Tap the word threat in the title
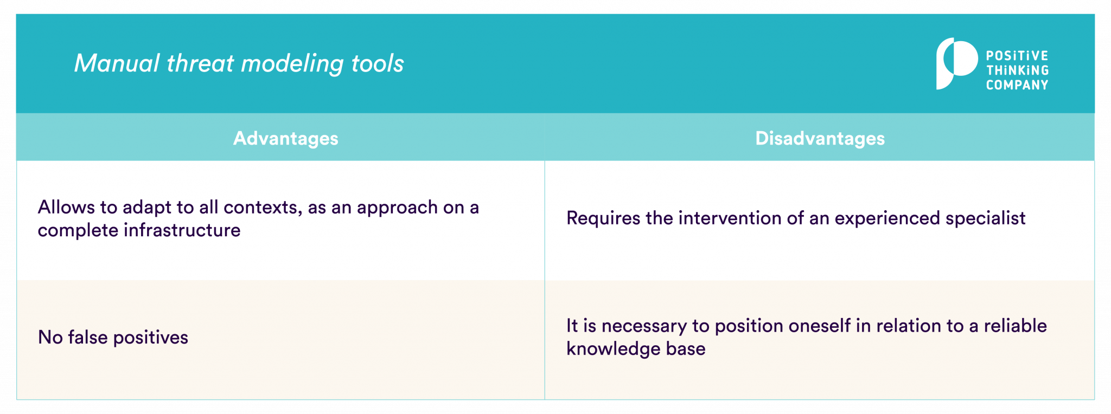click(200, 63)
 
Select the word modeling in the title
click(292, 64)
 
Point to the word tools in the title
click(378, 63)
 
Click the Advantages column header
click(285, 138)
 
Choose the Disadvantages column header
click(820, 138)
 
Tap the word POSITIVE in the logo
click(1017, 56)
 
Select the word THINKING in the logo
click(1017, 70)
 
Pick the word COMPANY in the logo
click(1017, 85)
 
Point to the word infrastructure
click(182, 230)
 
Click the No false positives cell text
click(113, 338)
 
